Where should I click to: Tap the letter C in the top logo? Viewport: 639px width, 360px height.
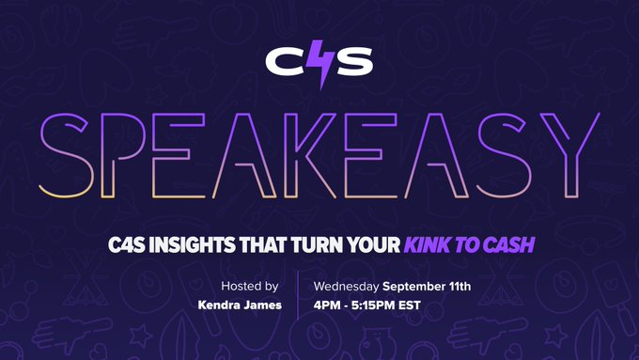click(x=284, y=63)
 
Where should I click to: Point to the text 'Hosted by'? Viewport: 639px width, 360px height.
click(x=249, y=285)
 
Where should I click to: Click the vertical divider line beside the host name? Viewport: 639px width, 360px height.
click(x=298, y=295)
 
